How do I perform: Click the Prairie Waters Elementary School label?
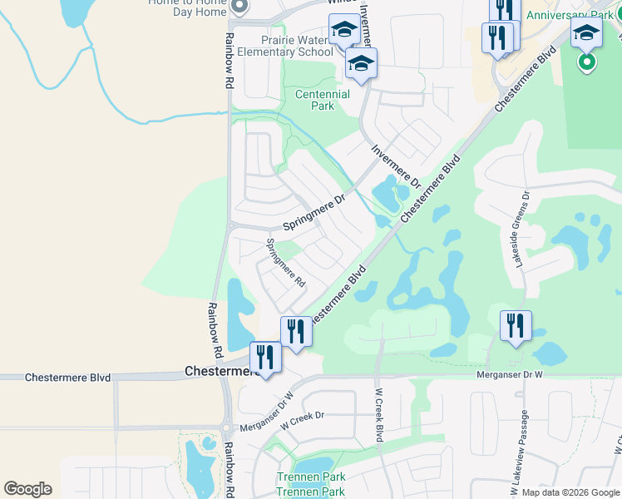click(285, 45)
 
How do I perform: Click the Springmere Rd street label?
click(285, 263)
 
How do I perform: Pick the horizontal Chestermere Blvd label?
click(68, 377)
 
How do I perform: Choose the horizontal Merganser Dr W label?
click(509, 375)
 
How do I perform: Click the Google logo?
click(27, 489)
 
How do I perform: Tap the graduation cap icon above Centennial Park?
click(362, 63)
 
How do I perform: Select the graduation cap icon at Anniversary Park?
click(586, 34)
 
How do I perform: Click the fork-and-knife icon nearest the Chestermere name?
click(265, 358)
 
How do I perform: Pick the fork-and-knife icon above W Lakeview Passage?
click(516, 325)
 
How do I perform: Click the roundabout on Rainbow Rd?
click(227, 430)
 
